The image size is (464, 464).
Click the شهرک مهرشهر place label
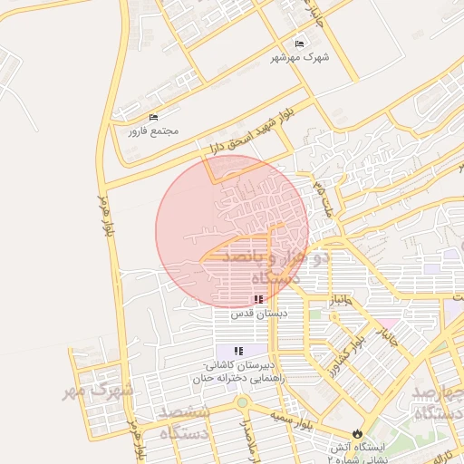[301, 56]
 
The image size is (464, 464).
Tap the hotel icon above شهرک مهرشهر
[301, 43]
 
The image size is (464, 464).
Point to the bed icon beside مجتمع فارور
[153, 118]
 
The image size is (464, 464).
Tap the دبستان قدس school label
[259, 313]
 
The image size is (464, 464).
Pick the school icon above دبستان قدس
[259, 298]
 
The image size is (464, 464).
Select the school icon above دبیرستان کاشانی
[239, 350]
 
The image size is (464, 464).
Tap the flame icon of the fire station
[356, 433]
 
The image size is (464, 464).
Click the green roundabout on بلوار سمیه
[242, 402]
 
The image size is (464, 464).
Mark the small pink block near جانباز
[388, 323]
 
